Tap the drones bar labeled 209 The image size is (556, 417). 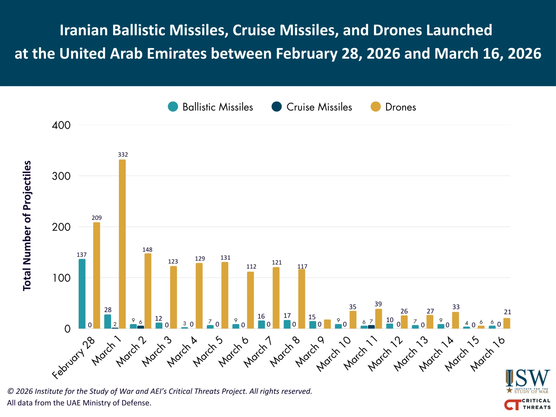(x=97, y=275)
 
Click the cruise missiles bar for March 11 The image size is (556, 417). (x=371, y=327)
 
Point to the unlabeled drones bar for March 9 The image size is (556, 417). (x=327, y=324)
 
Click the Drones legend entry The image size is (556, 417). (x=393, y=107)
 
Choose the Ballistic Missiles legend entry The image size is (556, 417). (x=210, y=107)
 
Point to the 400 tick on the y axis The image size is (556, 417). (x=61, y=125)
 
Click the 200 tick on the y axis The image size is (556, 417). (x=61, y=227)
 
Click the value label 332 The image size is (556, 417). (x=123, y=155)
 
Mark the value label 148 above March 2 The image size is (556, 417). (x=147, y=249)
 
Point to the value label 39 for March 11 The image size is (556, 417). (x=378, y=304)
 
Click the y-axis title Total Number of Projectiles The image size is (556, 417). (x=27, y=226)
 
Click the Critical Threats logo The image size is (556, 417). (x=527, y=404)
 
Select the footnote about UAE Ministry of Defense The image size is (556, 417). (x=79, y=403)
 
